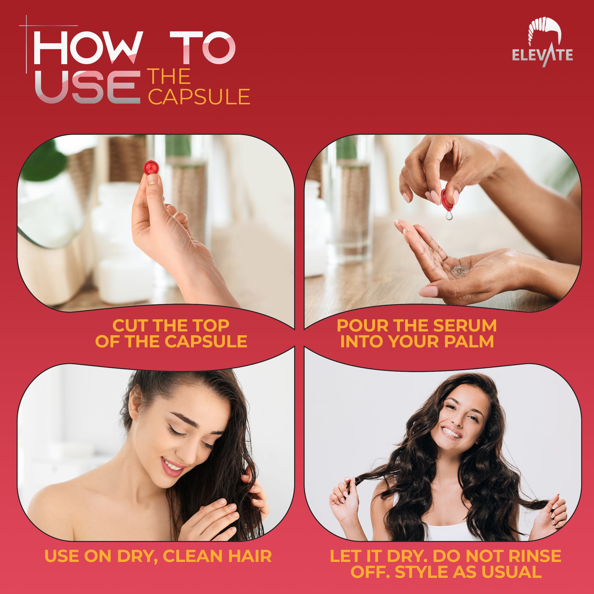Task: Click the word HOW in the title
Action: tap(88, 48)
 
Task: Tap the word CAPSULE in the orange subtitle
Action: tap(199, 97)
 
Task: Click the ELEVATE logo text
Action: tap(542, 55)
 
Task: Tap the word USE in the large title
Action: tap(88, 87)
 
